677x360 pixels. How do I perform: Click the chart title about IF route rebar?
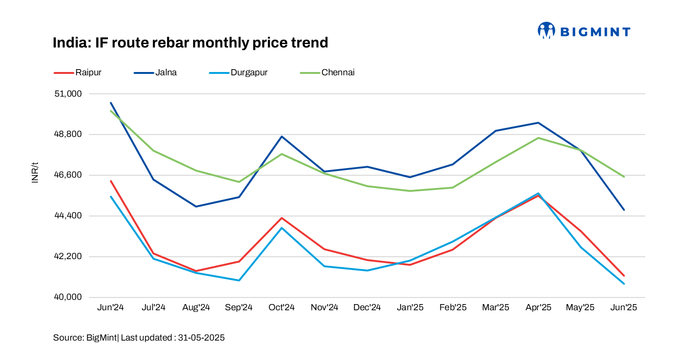coord(190,43)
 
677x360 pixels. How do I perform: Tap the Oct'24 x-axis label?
coord(282,307)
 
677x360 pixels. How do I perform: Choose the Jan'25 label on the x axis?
coord(410,307)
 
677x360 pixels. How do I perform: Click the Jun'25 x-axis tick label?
coord(624,307)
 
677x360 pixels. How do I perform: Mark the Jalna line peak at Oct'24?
coord(282,136)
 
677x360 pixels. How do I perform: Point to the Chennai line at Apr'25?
coord(538,138)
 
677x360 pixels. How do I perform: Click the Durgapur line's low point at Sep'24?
coord(239,280)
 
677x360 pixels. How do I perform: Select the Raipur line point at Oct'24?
coord(282,218)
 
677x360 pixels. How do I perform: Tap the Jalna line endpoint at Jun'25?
coord(624,210)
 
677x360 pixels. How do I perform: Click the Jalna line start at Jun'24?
coord(111,103)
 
